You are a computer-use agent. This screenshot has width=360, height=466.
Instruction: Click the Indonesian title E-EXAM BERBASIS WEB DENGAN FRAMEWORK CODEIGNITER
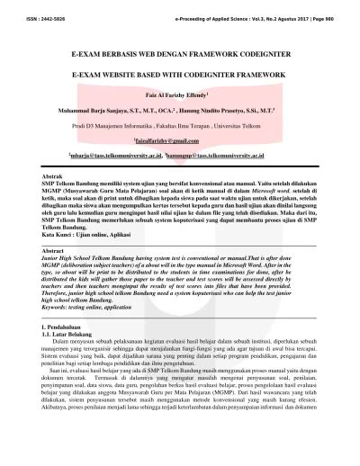pyautogui.click(x=181, y=55)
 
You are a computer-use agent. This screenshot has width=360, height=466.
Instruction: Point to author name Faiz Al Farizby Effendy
pyautogui.click(x=180, y=94)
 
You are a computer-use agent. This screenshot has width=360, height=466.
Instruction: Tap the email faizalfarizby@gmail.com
pyautogui.click(x=180, y=142)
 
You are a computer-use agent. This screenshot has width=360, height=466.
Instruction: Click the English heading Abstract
pyautogui.click(x=55, y=248)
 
